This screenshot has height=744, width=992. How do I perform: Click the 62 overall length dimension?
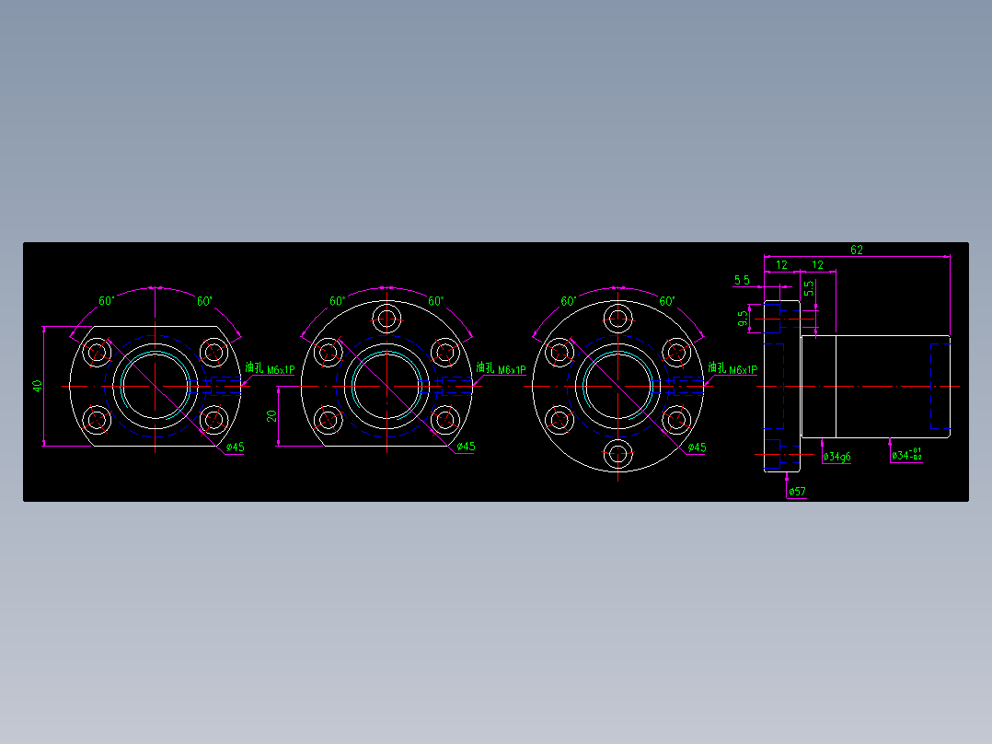click(856, 250)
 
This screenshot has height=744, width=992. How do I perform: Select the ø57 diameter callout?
click(797, 492)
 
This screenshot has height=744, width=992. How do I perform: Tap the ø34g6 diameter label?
click(836, 457)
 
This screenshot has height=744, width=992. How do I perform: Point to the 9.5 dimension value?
click(743, 320)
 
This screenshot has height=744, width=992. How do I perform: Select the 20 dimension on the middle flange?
click(271, 416)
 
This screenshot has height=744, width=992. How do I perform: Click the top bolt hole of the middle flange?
click(386, 319)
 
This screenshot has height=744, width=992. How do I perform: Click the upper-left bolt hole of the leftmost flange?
click(97, 352)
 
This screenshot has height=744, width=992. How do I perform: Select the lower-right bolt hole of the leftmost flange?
click(214, 420)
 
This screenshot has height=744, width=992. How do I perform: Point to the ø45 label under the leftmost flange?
click(235, 448)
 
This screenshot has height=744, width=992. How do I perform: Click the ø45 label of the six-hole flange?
click(697, 448)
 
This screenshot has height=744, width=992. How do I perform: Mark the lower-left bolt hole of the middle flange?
click(328, 420)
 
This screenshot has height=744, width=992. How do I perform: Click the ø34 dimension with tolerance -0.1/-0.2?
click(906, 455)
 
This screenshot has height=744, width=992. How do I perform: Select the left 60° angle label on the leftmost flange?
click(106, 301)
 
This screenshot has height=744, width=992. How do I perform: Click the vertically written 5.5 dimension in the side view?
click(808, 288)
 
